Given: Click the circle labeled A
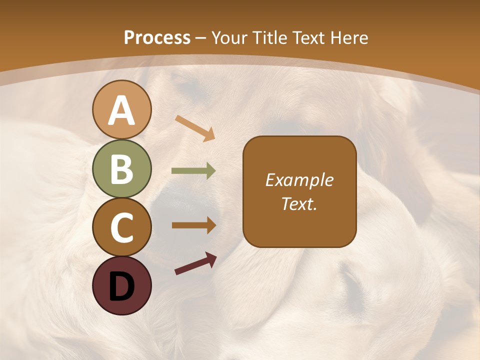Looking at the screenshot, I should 121,109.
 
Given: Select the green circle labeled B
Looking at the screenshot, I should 121,169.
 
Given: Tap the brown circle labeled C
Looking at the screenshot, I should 121,227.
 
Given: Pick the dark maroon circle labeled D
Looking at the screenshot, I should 121,286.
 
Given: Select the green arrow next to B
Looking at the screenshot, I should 193,171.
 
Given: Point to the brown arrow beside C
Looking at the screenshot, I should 193,225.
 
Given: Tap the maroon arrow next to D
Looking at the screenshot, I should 195,263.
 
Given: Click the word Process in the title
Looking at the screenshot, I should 157,37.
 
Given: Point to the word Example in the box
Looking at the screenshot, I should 299,180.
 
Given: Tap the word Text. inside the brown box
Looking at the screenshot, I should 299,203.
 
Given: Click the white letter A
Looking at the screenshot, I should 121,110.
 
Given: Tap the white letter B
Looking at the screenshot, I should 121,169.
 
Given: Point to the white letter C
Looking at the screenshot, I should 121,228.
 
